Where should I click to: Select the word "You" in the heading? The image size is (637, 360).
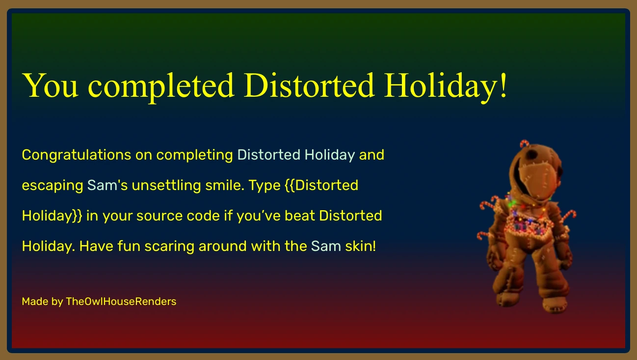click(x=50, y=86)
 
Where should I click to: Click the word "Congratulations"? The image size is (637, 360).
click(x=76, y=155)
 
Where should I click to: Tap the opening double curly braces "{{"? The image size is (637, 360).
click(x=289, y=186)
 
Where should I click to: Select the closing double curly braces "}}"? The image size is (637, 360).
click(x=78, y=216)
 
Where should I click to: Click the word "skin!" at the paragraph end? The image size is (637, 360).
click(x=360, y=246)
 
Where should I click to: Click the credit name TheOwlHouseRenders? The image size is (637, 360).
click(x=121, y=302)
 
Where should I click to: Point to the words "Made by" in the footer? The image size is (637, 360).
click(x=42, y=302)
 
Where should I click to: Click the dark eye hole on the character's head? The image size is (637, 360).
click(x=531, y=156)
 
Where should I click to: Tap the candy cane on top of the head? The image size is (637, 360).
click(x=525, y=143)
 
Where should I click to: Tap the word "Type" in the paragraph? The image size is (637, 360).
click(x=265, y=186)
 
